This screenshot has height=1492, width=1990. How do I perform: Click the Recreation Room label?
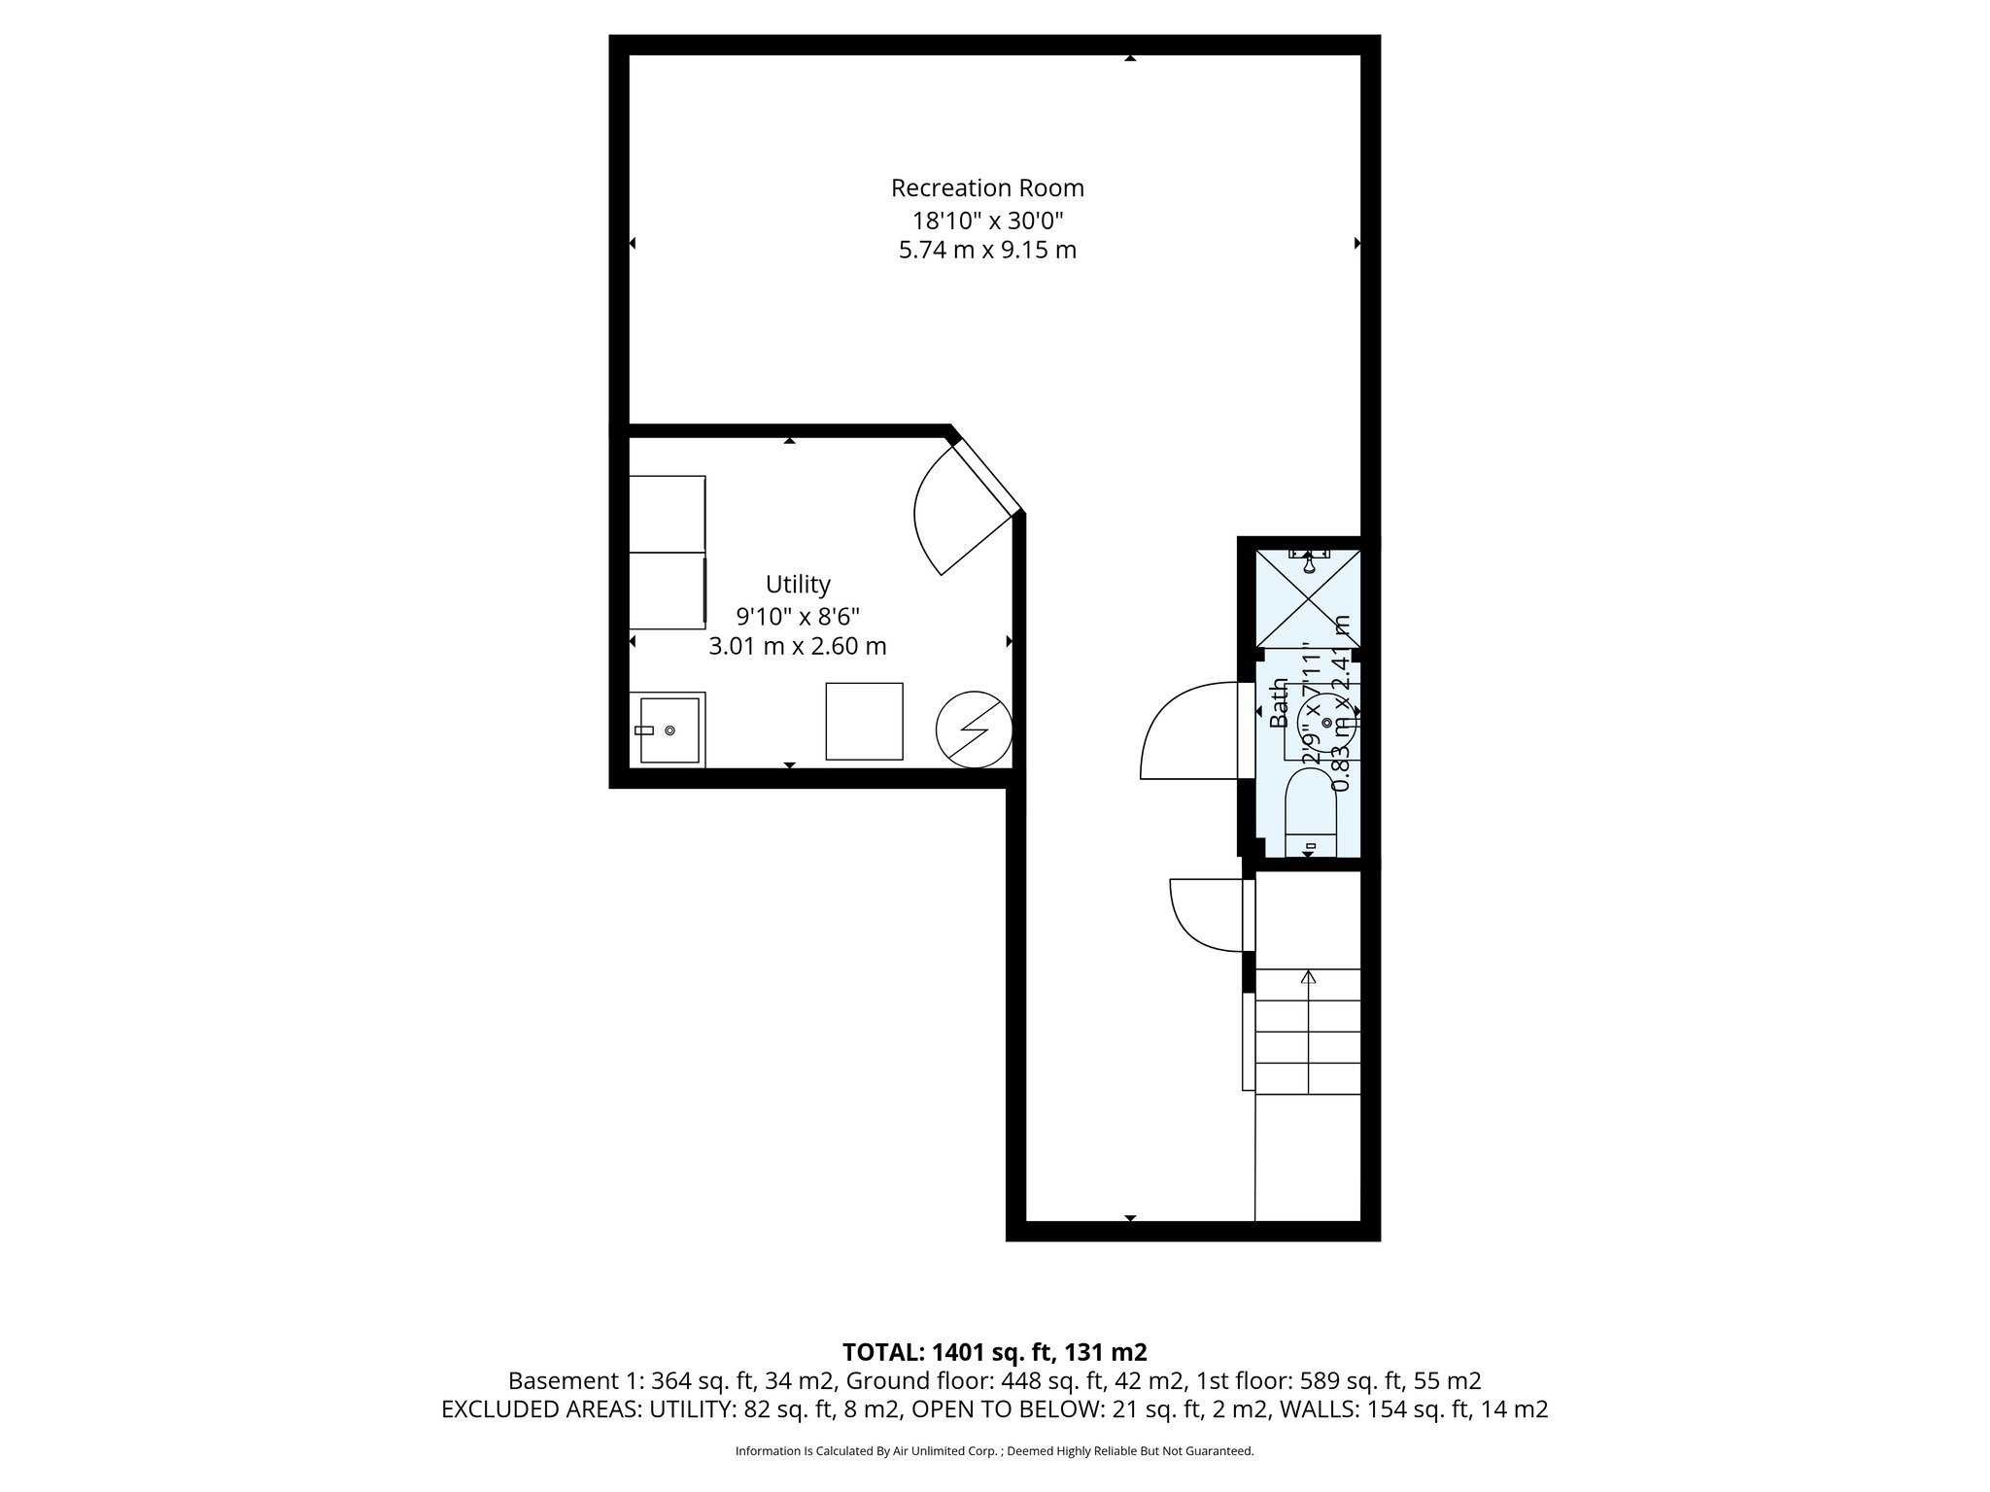987,187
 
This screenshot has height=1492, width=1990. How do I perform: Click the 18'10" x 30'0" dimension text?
987,220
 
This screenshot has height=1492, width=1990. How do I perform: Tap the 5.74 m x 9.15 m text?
987,251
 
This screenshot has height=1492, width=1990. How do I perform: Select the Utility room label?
798,584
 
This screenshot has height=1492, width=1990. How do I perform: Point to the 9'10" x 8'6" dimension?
798,615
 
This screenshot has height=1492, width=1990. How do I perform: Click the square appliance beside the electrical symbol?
864,721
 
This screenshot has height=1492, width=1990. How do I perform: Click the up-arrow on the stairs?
1308,977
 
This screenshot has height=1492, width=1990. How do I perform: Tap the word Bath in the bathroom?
1279,703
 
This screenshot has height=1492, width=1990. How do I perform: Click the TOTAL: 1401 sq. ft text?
994,1352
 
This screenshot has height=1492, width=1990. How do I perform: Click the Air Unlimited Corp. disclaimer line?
994,1451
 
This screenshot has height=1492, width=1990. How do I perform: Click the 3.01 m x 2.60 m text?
798,646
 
